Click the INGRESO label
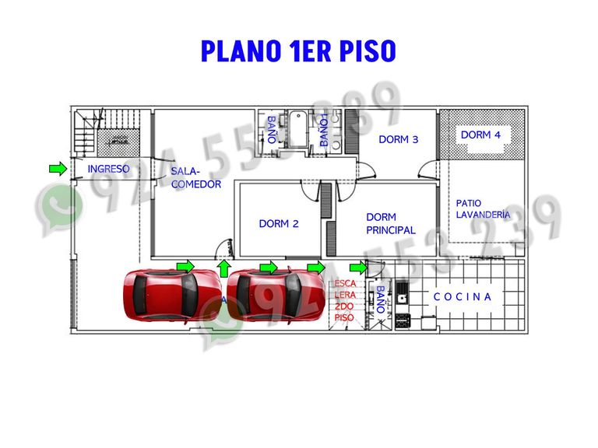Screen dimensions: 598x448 (108, 169)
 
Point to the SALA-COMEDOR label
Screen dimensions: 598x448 (195, 178)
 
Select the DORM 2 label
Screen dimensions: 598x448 (279, 224)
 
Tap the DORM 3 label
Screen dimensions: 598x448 (399, 140)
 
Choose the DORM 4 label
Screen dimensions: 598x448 (480, 135)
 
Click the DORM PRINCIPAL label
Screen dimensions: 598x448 (390, 224)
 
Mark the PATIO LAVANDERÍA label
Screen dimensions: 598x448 (483, 209)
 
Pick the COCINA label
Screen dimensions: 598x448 (463, 296)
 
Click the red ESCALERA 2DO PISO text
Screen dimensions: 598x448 (344, 301)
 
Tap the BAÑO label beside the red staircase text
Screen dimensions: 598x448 (380, 299)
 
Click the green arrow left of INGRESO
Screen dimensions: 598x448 (57, 168)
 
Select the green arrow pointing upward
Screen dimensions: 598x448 (224, 269)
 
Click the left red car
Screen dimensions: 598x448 (171, 295)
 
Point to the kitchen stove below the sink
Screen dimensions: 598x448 (403, 319)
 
